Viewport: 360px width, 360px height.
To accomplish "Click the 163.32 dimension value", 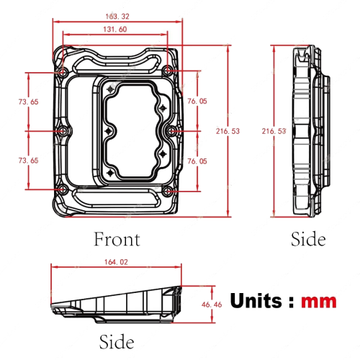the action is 117,17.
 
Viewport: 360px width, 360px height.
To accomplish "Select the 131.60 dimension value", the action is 115,30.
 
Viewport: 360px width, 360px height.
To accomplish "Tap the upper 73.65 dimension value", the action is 29,102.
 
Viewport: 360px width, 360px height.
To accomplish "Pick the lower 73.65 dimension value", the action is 29,161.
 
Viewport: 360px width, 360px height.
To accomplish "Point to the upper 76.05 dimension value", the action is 197,101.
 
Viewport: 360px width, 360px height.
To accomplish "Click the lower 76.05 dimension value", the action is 197,161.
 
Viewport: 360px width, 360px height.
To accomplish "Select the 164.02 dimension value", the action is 116,262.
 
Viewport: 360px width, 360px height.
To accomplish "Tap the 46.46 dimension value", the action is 212,305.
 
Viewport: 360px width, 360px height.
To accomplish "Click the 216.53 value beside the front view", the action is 228,131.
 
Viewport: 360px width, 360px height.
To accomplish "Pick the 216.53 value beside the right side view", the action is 274,131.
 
